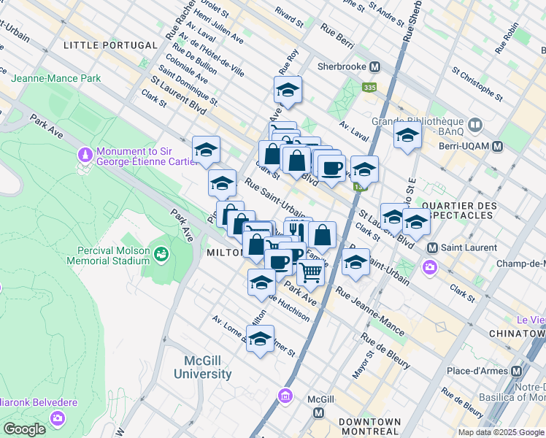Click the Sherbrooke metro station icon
click(x=375, y=66)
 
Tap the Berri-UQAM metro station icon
click(x=498, y=146)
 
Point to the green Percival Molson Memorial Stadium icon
click(x=161, y=253)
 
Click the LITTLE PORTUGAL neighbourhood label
click(x=110, y=45)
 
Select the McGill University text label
click(x=202, y=368)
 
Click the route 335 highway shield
click(x=370, y=87)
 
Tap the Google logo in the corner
click(x=24, y=429)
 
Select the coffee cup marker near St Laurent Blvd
click(x=331, y=167)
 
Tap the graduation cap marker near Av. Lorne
click(x=260, y=339)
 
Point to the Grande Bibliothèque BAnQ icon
click(x=475, y=125)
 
